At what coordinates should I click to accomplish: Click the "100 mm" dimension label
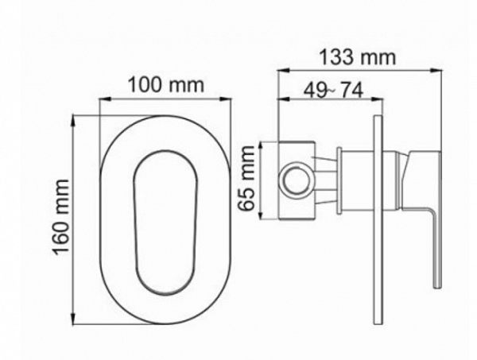(x=167, y=84)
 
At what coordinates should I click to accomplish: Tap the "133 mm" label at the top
(x=357, y=58)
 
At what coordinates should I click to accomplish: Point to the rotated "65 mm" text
(x=249, y=179)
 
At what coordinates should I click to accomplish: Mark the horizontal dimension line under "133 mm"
(x=357, y=71)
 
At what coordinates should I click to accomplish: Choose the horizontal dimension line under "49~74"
(x=328, y=101)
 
